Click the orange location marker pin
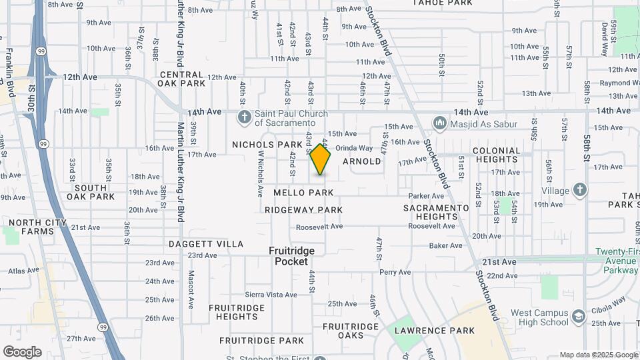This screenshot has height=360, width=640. coord(320,159)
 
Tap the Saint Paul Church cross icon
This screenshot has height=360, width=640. coord(244,118)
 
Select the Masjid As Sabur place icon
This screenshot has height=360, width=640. coord(439,123)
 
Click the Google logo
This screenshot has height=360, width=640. coord(22,352)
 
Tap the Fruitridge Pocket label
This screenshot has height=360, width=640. coord(291,256)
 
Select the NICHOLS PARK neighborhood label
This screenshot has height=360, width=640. coord(267,145)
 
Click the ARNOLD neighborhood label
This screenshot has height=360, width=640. coord(362,161)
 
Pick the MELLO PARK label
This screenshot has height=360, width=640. coord(303,193)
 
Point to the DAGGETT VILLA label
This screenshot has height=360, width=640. coord(206,244)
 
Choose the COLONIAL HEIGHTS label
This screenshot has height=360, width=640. coord(506,155)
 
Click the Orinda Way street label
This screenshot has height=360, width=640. coord(354,148)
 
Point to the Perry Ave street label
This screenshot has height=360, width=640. coord(395,272)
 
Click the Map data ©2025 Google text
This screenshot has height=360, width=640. coord(599,355)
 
